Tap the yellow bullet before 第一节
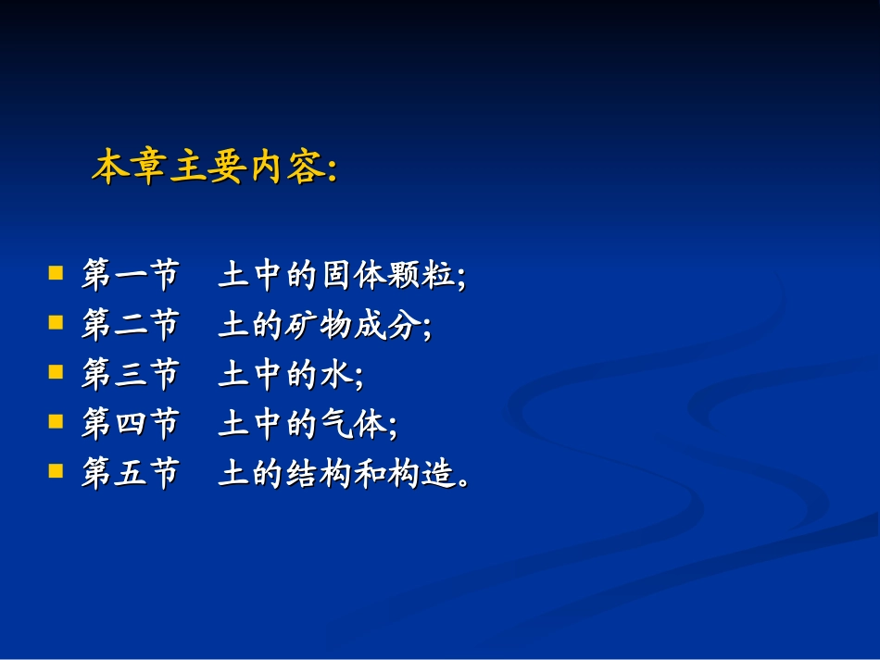(57, 273)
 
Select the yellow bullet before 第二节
(57, 322)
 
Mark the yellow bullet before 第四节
(57, 421)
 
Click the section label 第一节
(129, 276)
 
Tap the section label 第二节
(129, 325)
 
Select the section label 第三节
(129, 375)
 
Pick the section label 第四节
(129, 425)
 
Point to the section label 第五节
(129, 474)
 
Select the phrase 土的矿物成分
(321, 325)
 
